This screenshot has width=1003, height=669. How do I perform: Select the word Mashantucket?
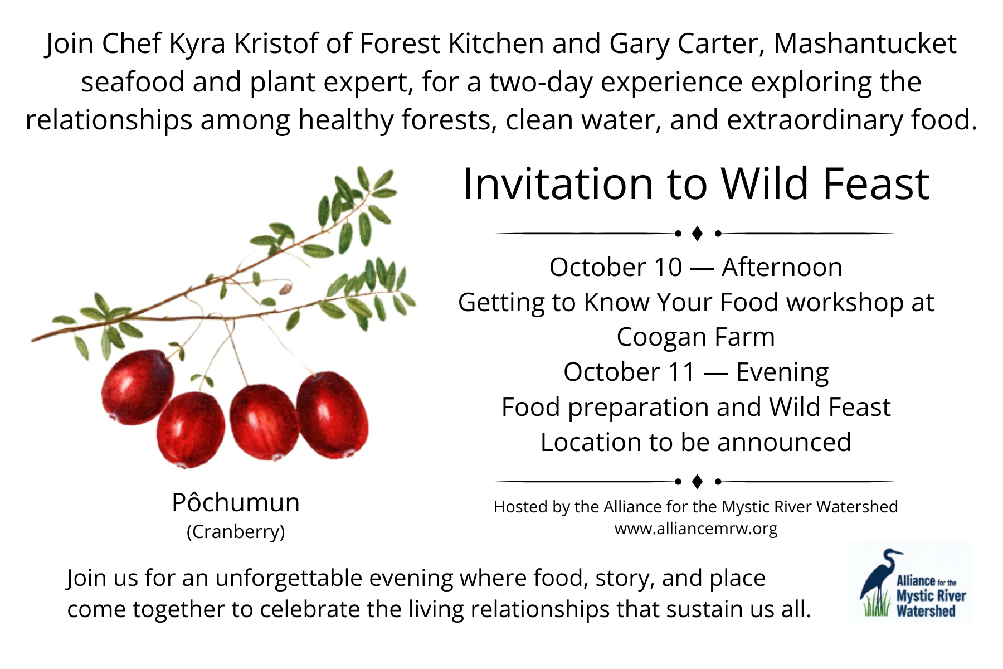(x=865, y=43)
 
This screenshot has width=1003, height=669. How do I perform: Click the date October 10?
(x=616, y=267)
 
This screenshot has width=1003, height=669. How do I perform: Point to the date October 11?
(x=630, y=372)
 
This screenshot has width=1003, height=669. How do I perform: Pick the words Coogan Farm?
(x=696, y=338)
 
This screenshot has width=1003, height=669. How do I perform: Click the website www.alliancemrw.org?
(x=696, y=529)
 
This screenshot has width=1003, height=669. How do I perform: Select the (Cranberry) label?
(x=236, y=532)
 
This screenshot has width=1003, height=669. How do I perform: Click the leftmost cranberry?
(x=137, y=386)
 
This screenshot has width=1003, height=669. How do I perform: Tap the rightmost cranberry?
(x=333, y=415)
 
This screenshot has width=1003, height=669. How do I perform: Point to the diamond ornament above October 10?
(x=697, y=234)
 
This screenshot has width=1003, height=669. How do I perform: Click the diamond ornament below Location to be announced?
(x=697, y=481)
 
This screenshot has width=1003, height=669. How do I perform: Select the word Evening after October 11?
(x=782, y=373)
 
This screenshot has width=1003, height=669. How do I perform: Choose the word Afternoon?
(x=782, y=267)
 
